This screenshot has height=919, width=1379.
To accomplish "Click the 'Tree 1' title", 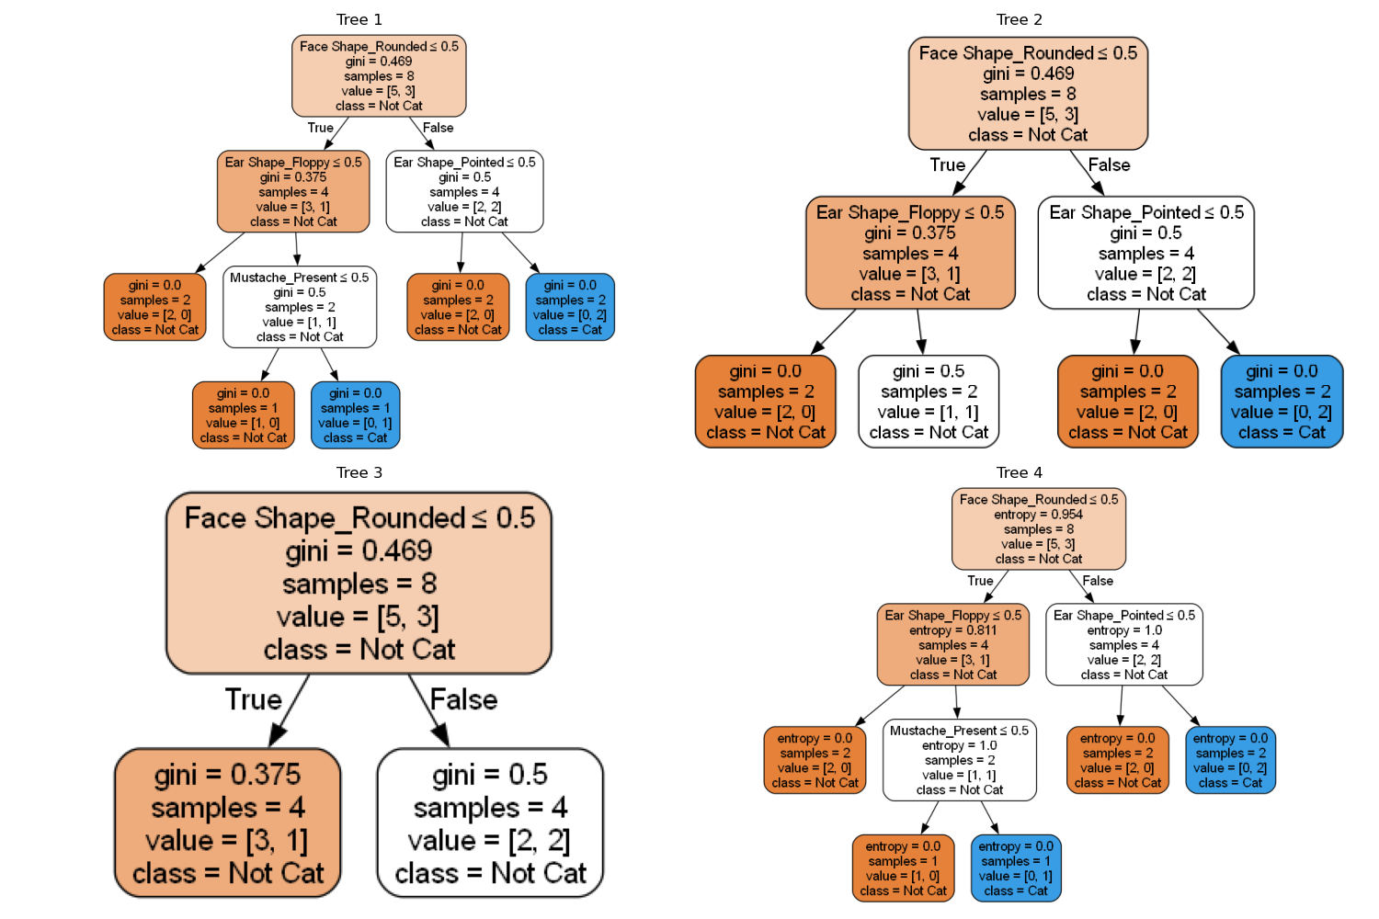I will [359, 19].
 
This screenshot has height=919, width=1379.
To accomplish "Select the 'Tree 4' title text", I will [1019, 472].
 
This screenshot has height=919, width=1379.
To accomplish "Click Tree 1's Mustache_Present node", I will [299, 307].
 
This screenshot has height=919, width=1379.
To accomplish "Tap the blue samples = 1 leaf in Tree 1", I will [355, 415].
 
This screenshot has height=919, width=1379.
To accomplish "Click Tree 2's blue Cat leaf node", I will [1282, 402].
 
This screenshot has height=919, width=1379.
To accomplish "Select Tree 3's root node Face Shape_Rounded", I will [359, 583].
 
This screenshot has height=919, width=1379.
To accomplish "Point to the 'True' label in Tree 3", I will [253, 699].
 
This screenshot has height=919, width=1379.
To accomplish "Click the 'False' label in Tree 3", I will [463, 699].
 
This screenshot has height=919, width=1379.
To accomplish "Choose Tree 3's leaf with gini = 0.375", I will [227, 823].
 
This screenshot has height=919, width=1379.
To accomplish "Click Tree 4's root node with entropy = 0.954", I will [1038, 529].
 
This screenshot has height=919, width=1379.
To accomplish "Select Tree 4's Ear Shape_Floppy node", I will [952, 644].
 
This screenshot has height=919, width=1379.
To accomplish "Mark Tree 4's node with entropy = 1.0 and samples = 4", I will [1123, 644].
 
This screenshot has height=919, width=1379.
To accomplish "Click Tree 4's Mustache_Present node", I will [959, 760].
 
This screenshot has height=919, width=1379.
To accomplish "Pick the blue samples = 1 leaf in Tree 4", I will [1015, 868].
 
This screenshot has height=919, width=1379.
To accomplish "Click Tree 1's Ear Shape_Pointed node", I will [464, 191].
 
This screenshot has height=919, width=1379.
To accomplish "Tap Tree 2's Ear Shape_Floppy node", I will [910, 253].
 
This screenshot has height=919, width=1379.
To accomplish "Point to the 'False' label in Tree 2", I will [1109, 165].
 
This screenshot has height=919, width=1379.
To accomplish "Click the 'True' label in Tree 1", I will [320, 128].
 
